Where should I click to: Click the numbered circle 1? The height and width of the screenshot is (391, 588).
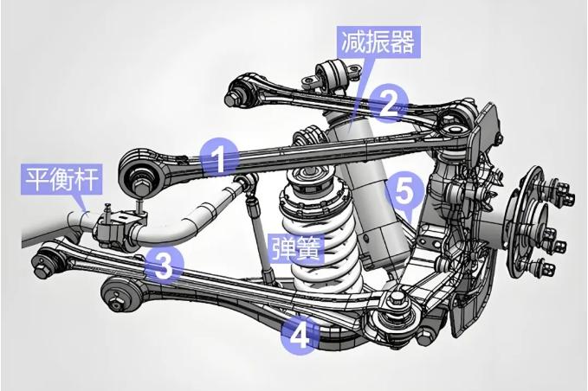(x=219, y=159)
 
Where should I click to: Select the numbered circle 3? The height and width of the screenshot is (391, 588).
(x=163, y=264)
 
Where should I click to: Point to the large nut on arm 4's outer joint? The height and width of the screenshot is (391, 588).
(x=399, y=300)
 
